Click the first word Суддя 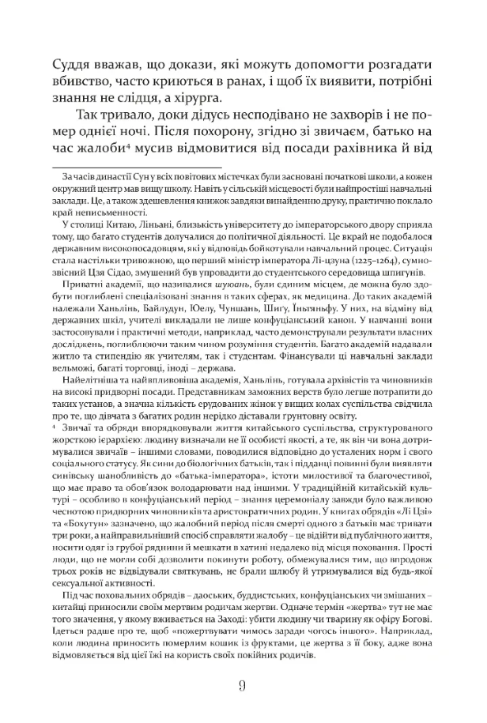[75, 66]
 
